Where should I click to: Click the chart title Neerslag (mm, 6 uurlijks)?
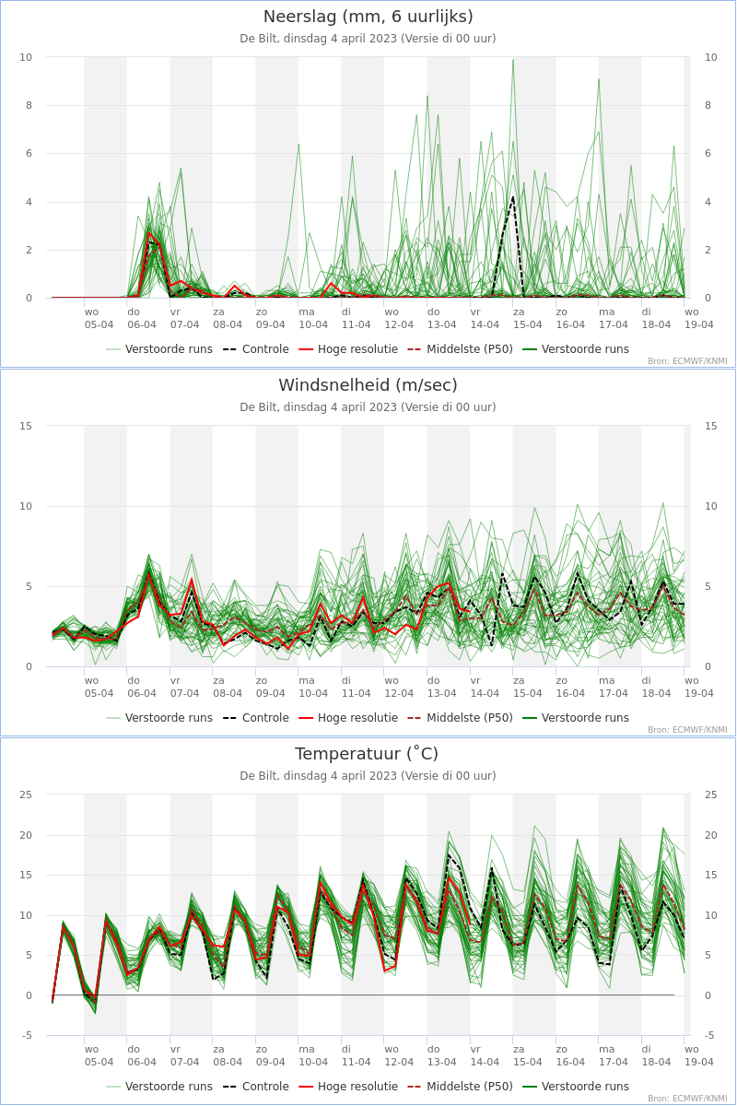368,17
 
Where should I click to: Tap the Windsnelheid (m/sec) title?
368,385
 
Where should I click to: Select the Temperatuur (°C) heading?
367,754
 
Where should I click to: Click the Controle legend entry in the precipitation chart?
256,349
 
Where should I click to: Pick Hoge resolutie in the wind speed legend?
348,718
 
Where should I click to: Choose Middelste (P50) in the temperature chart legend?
460,1087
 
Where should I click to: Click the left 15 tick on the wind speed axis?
26,426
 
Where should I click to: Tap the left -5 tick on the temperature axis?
27,1035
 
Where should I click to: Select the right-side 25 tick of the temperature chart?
711,794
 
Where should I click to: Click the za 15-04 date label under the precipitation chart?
527,319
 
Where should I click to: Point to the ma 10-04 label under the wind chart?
313,687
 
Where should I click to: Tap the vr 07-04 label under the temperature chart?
184,1055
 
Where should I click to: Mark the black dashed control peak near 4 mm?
513,197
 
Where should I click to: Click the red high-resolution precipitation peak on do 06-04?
148,231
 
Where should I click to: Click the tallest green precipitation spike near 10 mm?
513,60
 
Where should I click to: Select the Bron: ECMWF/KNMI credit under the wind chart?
687,730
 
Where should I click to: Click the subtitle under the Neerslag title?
368,39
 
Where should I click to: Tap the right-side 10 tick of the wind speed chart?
711,506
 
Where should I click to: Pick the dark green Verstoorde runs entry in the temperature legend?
576,1087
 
